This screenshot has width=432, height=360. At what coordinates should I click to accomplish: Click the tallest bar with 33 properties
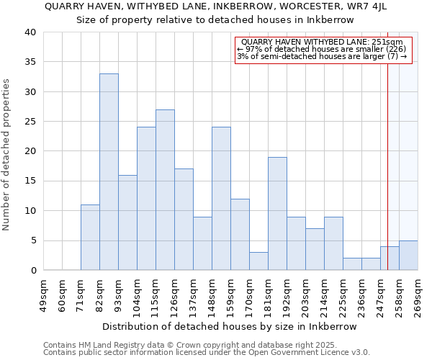109,172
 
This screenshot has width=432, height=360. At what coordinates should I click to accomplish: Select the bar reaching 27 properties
165,190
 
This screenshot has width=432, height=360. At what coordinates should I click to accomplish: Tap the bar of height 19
277,214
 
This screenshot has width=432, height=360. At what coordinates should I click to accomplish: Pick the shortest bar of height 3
258,261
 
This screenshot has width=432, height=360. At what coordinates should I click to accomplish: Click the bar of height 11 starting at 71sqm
90,238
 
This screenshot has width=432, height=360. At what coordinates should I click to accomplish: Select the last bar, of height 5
408,256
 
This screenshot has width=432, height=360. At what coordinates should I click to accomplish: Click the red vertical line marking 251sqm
388,144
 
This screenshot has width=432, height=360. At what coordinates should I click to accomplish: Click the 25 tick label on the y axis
30,122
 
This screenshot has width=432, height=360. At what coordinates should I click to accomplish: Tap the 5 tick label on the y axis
32,240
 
